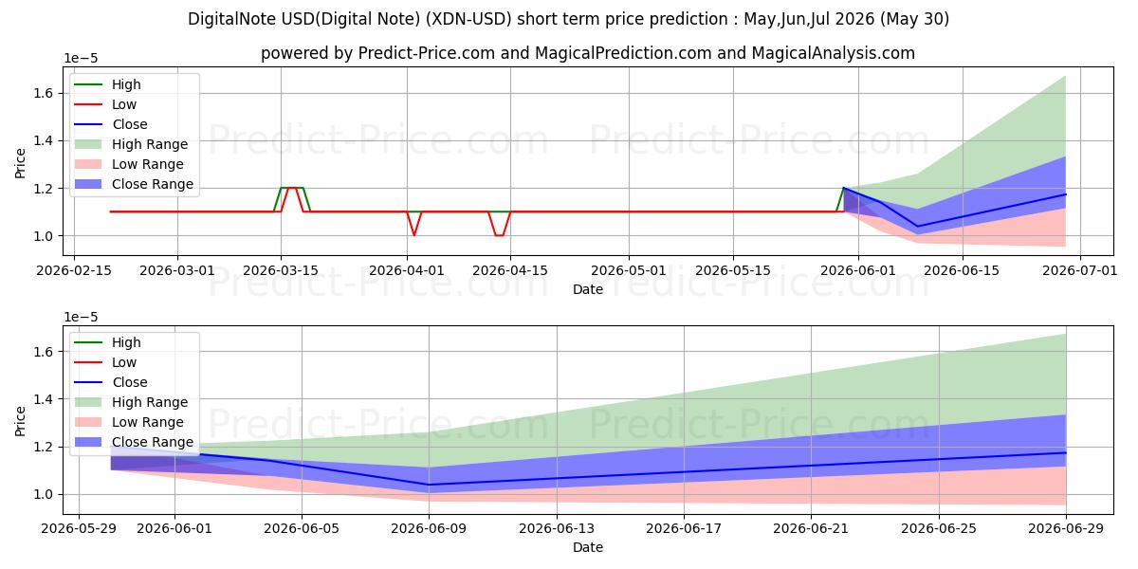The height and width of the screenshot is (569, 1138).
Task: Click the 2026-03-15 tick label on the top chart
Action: (x=281, y=270)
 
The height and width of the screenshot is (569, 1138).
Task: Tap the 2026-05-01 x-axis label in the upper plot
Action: (x=629, y=270)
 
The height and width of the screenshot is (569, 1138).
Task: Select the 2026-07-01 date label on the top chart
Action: (x=1079, y=270)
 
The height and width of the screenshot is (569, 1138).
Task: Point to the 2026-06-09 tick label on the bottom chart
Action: (x=429, y=528)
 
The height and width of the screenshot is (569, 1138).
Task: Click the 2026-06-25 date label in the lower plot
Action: (x=938, y=528)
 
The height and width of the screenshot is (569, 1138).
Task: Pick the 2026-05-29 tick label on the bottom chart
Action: (x=78, y=528)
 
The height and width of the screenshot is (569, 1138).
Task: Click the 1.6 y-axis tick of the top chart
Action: (x=44, y=93)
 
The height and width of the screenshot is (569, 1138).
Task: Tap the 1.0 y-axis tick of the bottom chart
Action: (x=44, y=494)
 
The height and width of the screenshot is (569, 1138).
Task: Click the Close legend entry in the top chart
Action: (x=111, y=124)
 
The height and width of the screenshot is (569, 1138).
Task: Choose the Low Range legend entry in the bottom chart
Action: (x=129, y=422)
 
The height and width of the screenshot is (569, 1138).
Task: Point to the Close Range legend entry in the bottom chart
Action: (x=134, y=442)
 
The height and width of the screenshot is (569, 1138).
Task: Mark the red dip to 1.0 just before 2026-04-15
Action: (x=500, y=235)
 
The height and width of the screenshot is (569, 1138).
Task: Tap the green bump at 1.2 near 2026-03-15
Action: (x=292, y=188)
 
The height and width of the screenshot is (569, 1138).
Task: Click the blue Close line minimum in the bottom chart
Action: (x=429, y=485)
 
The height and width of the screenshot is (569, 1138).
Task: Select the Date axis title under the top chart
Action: (x=588, y=289)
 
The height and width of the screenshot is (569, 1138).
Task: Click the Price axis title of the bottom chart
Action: (x=20, y=421)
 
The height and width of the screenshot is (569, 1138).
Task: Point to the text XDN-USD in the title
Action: (x=468, y=19)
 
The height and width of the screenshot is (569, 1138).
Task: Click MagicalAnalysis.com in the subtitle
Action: (x=834, y=53)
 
